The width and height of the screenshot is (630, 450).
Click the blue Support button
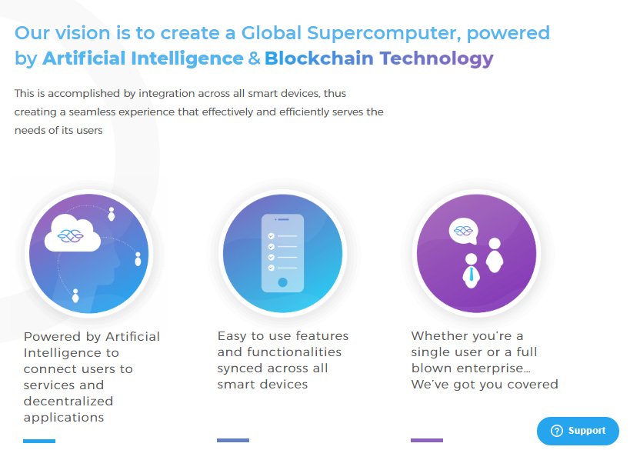click(578, 431)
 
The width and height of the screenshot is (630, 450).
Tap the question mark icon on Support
click(556, 431)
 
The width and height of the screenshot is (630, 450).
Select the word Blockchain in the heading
click(319, 58)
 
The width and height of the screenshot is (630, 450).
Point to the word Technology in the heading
click(437, 59)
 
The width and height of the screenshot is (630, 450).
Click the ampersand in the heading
click(254, 58)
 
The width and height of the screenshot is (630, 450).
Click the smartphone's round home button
click(282, 282)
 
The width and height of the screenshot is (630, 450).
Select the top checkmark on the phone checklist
click(272, 236)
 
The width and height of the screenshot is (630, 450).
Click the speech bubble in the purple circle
click(463, 231)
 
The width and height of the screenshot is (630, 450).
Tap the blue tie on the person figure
click(471, 275)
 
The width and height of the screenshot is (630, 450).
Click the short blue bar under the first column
click(39, 441)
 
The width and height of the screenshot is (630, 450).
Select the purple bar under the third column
click(427, 440)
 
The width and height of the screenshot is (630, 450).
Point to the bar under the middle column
click(233, 440)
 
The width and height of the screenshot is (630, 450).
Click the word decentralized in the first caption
click(68, 401)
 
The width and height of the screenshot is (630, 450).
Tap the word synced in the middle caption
click(240, 368)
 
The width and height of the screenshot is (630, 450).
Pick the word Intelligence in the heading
click(187, 59)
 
